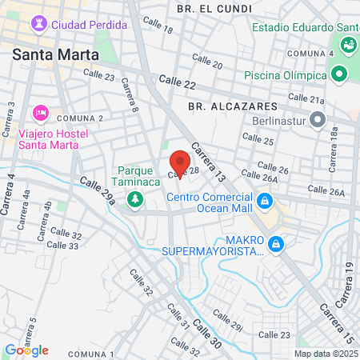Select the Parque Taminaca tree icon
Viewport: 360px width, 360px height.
click(136, 198)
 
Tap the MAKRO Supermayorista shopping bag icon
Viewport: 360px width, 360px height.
click(276, 243)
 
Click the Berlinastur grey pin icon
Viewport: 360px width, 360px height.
click(318, 120)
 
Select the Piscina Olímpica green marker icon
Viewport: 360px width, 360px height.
click(338, 74)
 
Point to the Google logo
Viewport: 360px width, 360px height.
click(26, 350)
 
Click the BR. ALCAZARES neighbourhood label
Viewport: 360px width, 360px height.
click(232, 106)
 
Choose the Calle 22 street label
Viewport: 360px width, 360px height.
click(177, 81)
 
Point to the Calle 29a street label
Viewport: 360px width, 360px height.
click(98, 192)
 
